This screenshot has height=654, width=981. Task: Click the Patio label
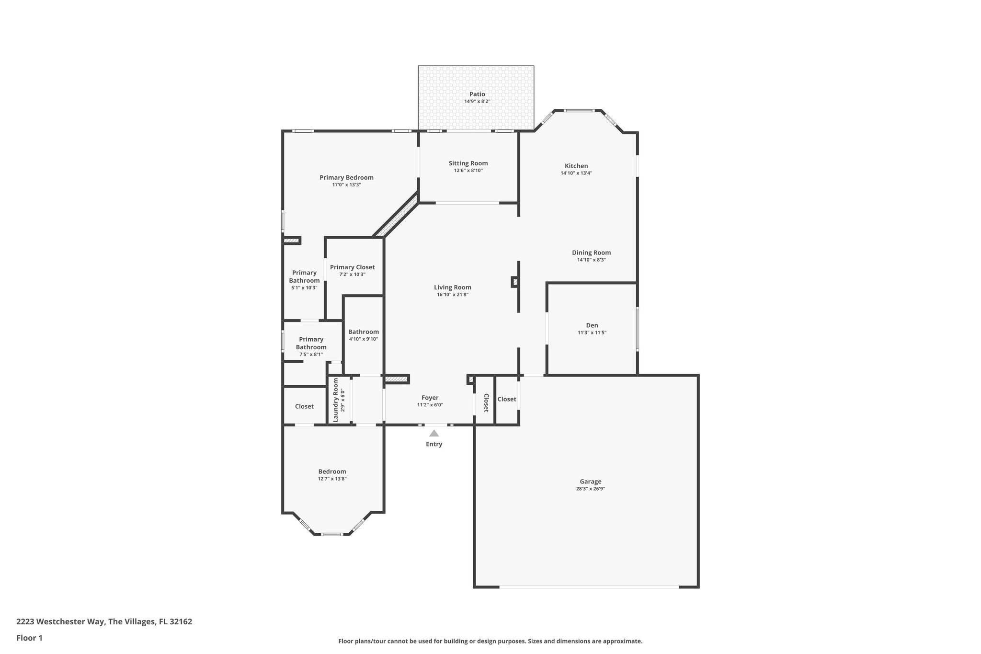477,94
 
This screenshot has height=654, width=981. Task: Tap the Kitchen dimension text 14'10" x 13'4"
576,173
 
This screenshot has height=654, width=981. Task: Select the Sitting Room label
468,163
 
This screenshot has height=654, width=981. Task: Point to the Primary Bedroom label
346,178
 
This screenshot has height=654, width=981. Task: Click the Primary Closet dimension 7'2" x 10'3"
352,275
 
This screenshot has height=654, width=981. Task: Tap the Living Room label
453,287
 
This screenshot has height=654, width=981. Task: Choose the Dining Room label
591,252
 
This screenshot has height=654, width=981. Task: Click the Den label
592,325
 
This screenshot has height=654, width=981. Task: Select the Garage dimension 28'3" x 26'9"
590,489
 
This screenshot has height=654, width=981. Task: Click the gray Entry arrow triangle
434,434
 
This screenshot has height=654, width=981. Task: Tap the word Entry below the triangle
434,444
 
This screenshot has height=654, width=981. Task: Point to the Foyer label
430,398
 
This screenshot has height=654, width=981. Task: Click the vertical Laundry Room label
336,400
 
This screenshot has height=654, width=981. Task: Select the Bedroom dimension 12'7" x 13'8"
332,479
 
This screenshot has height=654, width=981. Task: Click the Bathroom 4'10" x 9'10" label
363,332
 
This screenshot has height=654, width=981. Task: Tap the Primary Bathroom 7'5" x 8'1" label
311,344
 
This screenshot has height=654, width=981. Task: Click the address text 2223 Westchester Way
60,622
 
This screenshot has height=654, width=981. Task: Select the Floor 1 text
29,638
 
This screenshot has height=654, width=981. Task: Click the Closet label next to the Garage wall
506,399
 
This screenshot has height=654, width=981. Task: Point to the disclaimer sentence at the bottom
490,641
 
